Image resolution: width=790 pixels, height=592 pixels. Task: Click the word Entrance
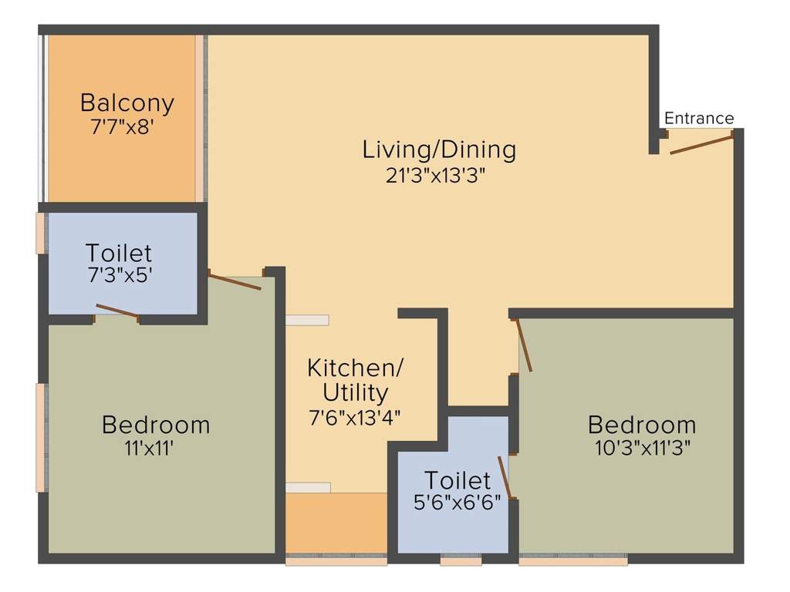click(x=699, y=119)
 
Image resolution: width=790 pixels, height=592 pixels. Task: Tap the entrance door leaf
click(x=701, y=143)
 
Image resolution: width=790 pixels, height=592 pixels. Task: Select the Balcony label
click(x=127, y=103)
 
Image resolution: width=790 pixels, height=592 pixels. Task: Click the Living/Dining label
click(x=439, y=150)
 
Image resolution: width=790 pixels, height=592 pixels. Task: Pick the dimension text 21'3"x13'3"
click(x=439, y=175)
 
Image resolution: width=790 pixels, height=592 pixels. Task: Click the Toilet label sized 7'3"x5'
click(x=119, y=252)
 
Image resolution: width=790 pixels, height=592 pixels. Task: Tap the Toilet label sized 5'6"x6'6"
click(x=457, y=481)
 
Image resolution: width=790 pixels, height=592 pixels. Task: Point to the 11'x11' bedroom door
click(x=235, y=281)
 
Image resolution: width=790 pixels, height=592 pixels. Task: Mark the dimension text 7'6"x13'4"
click(x=355, y=417)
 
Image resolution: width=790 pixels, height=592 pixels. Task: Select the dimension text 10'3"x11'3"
click(x=642, y=448)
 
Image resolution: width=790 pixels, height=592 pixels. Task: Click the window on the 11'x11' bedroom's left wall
click(x=40, y=437)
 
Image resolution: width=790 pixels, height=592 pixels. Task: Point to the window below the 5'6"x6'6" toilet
click(x=461, y=561)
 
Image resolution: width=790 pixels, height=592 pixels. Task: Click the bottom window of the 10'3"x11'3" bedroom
click(x=572, y=561)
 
